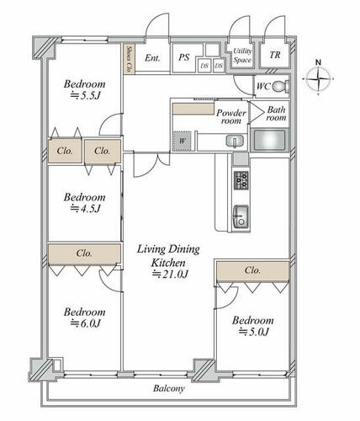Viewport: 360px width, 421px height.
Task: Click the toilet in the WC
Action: point(281,86)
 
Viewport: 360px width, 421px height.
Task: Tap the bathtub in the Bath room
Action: point(269,140)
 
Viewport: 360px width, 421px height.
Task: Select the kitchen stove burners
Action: point(241,180)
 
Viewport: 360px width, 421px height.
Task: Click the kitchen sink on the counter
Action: point(241,216)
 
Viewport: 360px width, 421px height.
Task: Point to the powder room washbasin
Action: point(235,141)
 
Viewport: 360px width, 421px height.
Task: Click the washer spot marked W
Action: point(182,141)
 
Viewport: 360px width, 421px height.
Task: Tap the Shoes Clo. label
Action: point(130,59)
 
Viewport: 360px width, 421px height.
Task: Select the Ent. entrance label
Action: point(152,58)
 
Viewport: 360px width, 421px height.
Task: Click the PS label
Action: point(184,57)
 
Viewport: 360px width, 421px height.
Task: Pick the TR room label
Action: point(275,55)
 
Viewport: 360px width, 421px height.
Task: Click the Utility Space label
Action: point(242,56)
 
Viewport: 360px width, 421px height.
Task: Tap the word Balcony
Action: point(169,388)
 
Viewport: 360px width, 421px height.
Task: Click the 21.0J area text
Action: point(170,274)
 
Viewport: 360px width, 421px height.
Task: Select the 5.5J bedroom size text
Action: point(85,96)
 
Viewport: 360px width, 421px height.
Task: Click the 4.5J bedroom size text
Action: point(85,209)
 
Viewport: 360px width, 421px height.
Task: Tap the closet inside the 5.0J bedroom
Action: point(253,270)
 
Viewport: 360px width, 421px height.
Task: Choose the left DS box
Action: point(204,66)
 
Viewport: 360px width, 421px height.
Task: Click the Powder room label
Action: point(231,117)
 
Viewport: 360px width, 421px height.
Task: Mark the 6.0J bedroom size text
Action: point(85,323)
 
